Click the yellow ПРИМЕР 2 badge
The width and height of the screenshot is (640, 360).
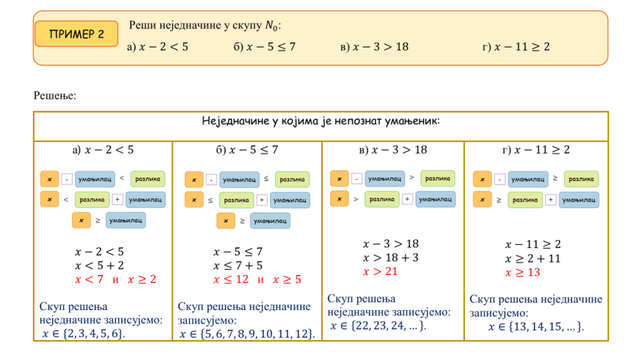(76, 34)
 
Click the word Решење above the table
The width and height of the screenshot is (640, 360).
(55, 96)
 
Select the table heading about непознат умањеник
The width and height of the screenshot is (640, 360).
(321, 121)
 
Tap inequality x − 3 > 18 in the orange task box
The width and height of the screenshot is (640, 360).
(374, 47)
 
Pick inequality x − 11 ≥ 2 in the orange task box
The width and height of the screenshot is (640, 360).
(516, 47)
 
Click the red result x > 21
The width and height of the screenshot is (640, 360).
(380, 271)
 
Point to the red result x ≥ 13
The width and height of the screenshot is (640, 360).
(522, 272)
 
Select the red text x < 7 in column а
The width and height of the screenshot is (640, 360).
(89, 279)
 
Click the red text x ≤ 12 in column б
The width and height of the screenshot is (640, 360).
(231, 279)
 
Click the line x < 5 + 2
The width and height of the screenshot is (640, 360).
(99, 266)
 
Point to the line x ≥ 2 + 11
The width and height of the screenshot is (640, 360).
(532, 258)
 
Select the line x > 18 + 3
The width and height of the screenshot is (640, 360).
(391, 257)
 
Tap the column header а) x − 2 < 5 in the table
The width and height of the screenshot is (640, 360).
(103, 150)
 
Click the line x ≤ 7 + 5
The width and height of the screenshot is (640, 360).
(238, 266)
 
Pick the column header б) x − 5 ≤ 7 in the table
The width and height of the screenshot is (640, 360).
(247, 150)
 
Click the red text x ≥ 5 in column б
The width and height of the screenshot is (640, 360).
(287, 279)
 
